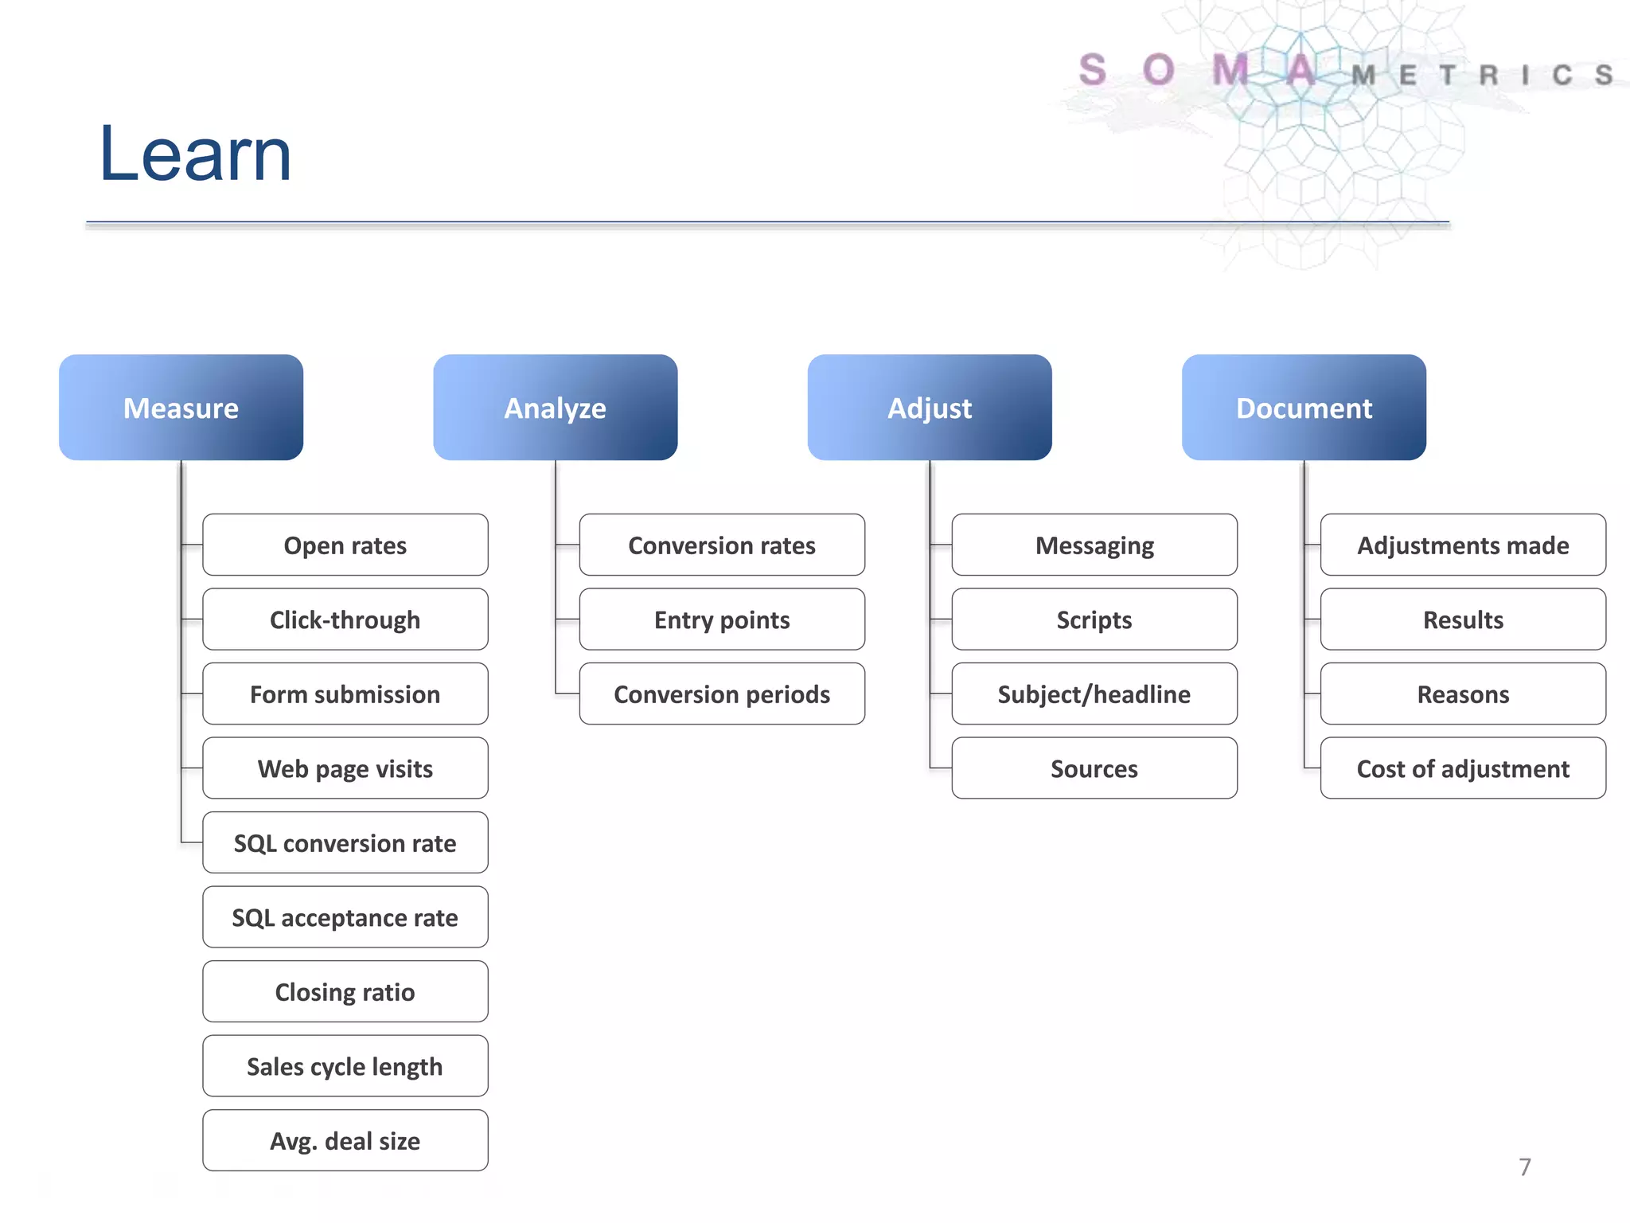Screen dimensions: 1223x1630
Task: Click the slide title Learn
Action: (195, 154)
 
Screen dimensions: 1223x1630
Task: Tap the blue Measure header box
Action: (181, 408)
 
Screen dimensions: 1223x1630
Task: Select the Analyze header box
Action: (555, 408)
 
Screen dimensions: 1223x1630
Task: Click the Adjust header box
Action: (929, 408)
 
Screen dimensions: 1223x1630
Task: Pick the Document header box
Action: (1303, 408)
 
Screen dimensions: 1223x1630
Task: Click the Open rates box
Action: (345, 545)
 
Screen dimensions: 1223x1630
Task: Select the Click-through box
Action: (345, 619)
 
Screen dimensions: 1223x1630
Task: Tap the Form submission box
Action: (345, 694)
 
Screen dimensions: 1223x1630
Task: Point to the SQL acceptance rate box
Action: (345, 917)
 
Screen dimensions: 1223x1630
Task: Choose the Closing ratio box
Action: (345, 992)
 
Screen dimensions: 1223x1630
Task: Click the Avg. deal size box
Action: (345, 1141)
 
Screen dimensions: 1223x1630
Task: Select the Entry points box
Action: (721, 619)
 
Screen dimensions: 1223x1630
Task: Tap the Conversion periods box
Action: (721, 694)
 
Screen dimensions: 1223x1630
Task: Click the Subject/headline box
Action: (1094, 694)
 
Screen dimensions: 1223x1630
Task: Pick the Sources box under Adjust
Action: (1094, 768)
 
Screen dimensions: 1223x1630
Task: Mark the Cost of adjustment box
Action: (1462, 768)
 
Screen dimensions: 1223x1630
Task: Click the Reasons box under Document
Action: (1462, 694)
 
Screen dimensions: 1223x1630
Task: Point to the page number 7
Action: (1524, 1167)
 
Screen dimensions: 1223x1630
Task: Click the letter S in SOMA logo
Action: (1092, 70)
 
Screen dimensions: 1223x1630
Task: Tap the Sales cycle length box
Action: (345, 1066)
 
